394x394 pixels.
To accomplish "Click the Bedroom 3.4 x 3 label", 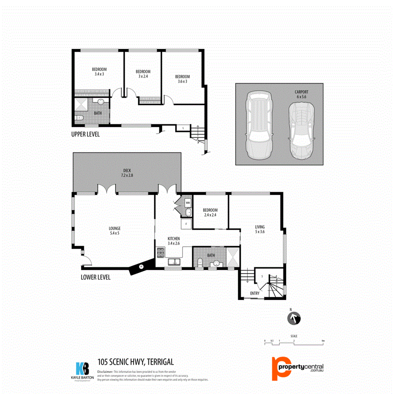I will coord(99,72).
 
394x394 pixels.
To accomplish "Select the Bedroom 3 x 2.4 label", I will coord(143,74).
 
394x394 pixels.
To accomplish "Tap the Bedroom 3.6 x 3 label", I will coord(183,79).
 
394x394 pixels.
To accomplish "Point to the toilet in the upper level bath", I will coord(79,118).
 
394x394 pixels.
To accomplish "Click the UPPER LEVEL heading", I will coord(85,134).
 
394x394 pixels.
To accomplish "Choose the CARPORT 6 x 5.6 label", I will coord(302,94).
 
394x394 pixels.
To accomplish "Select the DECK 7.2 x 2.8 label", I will coord(127,172).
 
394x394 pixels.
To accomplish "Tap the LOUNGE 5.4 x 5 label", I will coord(115,230).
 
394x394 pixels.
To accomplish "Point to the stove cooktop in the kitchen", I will coord(160,252).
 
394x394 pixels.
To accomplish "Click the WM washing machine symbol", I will coord(188,203).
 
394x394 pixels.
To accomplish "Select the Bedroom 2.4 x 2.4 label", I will coord(210,213).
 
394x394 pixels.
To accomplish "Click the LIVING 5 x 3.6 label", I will coord(260,229).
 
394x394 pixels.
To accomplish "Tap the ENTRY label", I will coord(254,293).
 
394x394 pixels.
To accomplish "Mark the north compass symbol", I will coord(294,318).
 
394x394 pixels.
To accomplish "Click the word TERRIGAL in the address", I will coord(160,362).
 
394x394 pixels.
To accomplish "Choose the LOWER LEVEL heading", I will coord(95,277).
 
